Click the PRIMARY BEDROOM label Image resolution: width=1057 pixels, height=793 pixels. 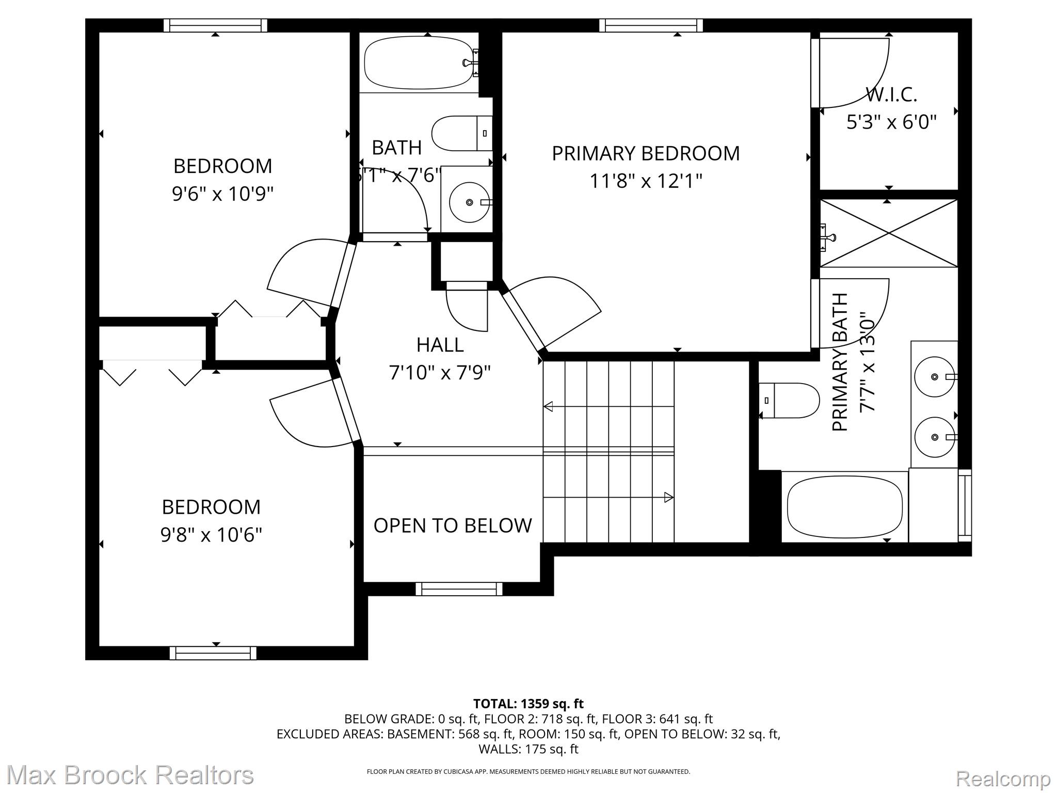646,153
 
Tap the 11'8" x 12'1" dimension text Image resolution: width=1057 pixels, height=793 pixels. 646,181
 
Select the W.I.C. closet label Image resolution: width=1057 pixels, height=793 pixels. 891,95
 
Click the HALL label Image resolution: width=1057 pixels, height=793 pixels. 440,345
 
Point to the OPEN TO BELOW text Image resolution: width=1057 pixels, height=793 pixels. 453,526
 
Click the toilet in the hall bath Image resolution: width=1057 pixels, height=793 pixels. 461,133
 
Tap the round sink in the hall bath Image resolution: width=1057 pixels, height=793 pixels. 469,202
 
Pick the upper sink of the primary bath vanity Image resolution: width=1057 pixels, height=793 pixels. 934,377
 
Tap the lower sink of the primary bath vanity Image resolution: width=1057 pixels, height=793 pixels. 934,437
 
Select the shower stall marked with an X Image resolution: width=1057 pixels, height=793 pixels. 888,233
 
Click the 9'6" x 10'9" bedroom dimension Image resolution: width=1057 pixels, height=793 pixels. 222,194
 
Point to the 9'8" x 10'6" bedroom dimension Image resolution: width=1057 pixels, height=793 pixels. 211,535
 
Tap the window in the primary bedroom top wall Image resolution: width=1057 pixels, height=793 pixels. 654,25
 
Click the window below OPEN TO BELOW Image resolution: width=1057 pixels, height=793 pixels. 459,589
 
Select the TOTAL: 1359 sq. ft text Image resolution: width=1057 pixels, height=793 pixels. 528,704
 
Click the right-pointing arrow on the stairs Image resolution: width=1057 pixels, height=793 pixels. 668,498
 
